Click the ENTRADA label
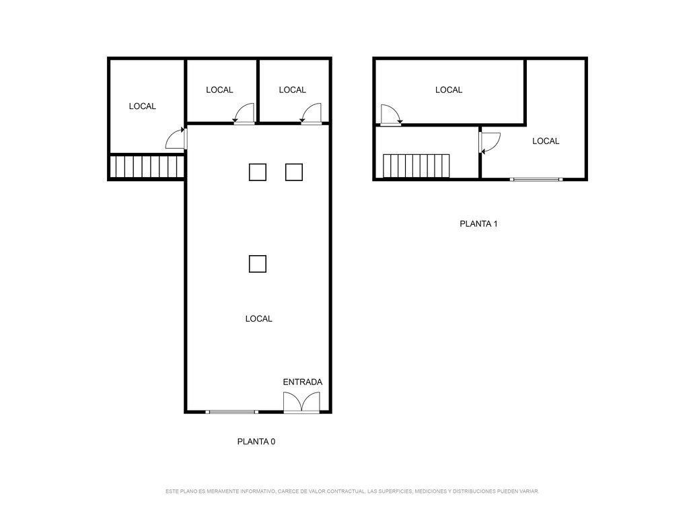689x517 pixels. [x=302, y=382]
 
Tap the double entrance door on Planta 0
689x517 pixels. [x=301, y=403]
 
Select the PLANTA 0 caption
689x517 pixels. [x=256, y=442]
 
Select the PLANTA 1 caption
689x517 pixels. [x=478, y=223]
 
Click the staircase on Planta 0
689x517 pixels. [x=146, y=166]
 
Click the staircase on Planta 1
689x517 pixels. [x=416, y=166]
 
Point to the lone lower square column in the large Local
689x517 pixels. [x=258, y=264]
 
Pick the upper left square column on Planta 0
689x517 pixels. [x=258, y=172]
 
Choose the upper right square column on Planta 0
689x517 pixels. [x=294, y=172]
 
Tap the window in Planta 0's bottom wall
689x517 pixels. [x=231, y=412]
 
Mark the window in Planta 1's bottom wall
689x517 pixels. [x=536, y=179]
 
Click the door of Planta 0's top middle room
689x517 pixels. [x=244, y=114]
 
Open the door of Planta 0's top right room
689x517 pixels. [x=311, y=114]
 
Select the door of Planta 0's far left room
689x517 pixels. [x=176, y=138]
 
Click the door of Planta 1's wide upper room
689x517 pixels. [x=391, y=114]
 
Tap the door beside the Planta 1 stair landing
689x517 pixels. [x=490, y=143]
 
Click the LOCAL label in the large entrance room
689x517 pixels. [x=259, y=318]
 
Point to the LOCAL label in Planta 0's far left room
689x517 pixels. [x=143, y=106]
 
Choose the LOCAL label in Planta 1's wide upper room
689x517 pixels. [x=449, y=90]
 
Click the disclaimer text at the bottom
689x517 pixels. [x=352, y=491]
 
